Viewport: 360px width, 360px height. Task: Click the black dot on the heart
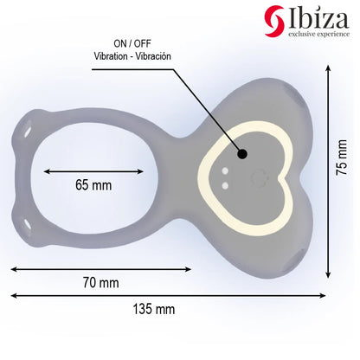(x=241, y=155)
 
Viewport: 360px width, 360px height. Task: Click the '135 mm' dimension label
(x=153, y=308)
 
